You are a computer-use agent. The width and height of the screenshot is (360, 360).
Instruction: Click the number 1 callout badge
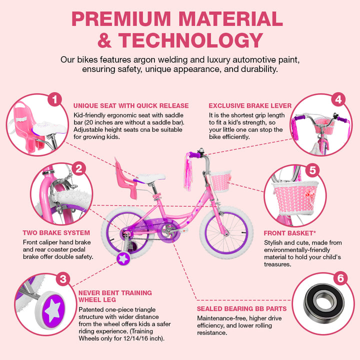(x=54, y=99)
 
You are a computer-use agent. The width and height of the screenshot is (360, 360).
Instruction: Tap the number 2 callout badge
(x=79, y=169)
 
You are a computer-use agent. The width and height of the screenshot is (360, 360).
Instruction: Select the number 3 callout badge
(x=63, y=279)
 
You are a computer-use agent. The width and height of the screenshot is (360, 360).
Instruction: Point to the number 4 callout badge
(x=338, y=99)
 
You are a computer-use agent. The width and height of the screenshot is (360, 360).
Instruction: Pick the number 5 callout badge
(x=312, y=170)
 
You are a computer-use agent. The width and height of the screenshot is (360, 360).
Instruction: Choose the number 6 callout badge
(x=340, y=278)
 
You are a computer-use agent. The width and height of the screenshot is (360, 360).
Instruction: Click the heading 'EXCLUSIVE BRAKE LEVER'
(x=250, y=106)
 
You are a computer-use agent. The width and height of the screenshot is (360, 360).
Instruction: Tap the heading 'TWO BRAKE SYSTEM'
(x=56, y=233)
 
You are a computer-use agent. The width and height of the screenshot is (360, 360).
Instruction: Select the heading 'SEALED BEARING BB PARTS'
(x=242, y=309)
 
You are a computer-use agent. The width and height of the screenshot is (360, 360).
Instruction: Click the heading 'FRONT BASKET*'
(x=289, y=233)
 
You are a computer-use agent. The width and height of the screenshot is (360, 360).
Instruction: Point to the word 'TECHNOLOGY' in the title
(x=191, y=40)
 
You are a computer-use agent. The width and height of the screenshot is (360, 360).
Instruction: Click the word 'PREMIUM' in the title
(x=121, y=19)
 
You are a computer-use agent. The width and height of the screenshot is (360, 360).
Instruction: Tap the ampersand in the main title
(x=104, y=40)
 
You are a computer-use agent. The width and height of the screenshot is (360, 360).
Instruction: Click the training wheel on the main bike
(x=123, y=259)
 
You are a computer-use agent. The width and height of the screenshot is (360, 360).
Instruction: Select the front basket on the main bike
(x=220, y=181)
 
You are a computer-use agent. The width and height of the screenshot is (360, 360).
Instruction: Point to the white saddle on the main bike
(x=150, y=178)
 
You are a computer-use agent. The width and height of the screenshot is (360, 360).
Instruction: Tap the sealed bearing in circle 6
(x=323, y=303)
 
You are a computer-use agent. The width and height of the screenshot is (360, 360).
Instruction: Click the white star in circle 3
(x=53, y=310)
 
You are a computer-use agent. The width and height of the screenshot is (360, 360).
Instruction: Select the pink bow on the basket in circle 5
(x=309, y=194)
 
